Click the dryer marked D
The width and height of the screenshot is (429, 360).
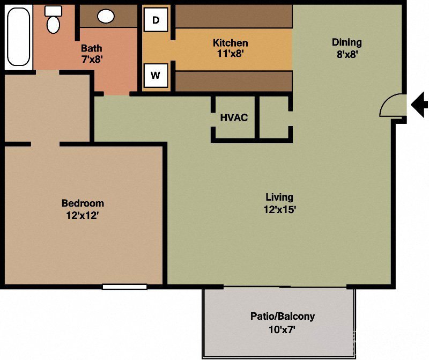pos(156,20)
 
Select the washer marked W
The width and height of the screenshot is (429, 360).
pos(156,75)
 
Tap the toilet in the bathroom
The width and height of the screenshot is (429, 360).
pos(53,20)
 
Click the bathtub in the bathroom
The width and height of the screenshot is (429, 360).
pos(18,36)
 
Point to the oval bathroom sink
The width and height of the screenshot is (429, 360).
pos(106,16)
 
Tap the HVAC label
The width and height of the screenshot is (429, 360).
pos(234,117)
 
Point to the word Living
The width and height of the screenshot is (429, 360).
pos(279,197)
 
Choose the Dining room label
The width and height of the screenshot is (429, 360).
pos(346,42)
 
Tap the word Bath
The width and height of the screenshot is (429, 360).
pos(91,48)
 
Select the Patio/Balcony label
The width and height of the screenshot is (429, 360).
pos(283,316)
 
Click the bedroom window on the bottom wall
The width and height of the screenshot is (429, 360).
pos(124,287)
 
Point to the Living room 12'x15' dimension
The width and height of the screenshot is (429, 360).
pos(279,210)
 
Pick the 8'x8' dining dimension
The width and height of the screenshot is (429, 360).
pos(346,54)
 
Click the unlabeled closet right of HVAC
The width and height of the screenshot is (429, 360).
pos(273,118)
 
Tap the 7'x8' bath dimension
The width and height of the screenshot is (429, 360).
pos(91,60)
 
